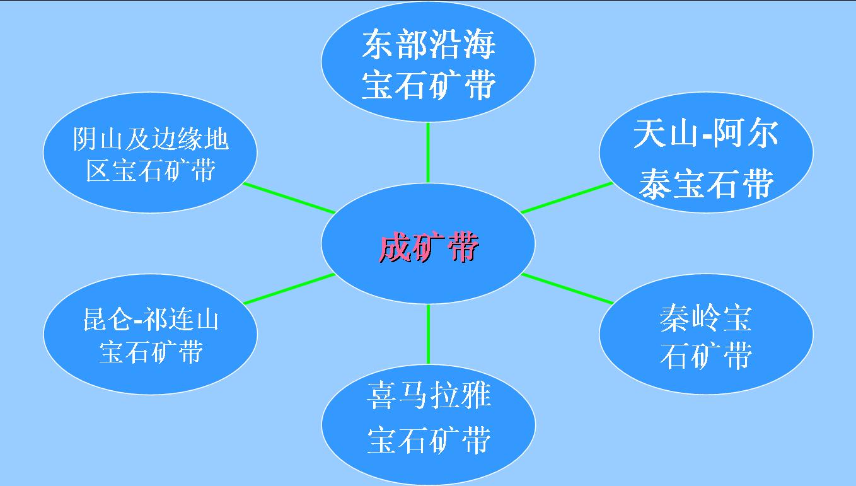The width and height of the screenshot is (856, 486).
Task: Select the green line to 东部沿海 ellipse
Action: [x=428, y=153]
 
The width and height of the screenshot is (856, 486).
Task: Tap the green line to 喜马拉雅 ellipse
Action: [x=428, y=334]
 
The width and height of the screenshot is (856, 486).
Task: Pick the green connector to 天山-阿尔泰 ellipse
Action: [x=567, y=197]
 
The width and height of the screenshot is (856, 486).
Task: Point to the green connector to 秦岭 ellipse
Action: [x=567, y=289]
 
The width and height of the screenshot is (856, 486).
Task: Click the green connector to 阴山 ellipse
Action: [x=289, y=198]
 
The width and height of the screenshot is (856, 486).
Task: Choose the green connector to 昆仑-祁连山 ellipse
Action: [x=289, y=289]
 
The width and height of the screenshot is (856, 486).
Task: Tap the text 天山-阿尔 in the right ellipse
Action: [x=705, y=134]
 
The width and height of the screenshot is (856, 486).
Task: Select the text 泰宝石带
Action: [x=706, y=184]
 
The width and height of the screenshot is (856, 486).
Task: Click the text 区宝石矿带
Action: [x=151, y=170]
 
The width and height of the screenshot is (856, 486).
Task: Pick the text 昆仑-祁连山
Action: [x=151, y=320]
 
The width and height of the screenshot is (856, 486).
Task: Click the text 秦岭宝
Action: [x=705, y=318]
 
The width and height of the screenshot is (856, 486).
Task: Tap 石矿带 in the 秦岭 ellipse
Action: [x=706, y=356]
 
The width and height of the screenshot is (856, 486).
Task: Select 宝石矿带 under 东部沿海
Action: [x=429, y=85]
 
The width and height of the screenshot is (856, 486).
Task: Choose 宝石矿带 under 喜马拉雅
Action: [x=429, y=440]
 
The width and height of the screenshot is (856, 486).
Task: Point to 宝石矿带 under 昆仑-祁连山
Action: [x=151, y=352]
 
